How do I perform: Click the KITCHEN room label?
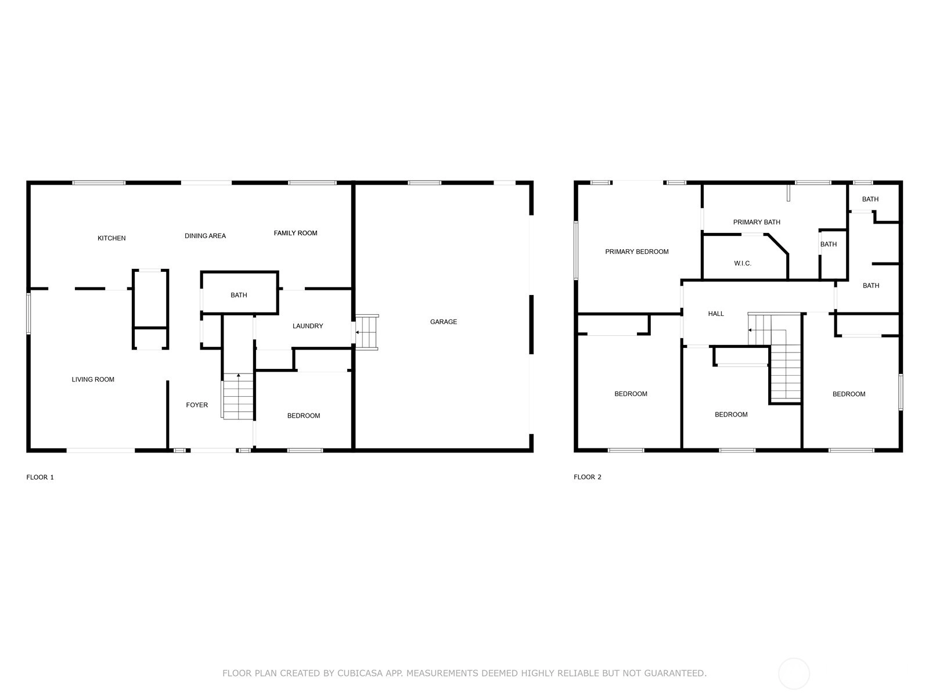click(x=111, y=238)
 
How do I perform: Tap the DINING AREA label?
click(x=206, y=236)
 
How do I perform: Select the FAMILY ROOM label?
click(x=296, y=233)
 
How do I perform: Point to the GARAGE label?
click(x=444, y=322)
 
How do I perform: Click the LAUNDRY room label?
click(x=308, y=326)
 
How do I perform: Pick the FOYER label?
click(x=197, y=405)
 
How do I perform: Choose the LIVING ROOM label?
click(x=93, y=380)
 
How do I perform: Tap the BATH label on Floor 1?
click(x=239, y=295)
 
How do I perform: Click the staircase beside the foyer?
click(x=237, y=396)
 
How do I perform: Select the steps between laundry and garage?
click(x=366, y=332)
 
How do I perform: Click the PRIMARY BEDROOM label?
click(x=636, y=252)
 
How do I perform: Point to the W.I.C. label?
click(x=743, y=263)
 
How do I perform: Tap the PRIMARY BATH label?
click(x=757, y=222)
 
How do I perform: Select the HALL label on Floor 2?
click(x=716, y=314)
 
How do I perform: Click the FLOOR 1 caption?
click(x=40, y=477)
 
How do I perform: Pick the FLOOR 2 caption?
click(x=588, y=477)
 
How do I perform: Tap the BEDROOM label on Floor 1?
click(x=304, y=416)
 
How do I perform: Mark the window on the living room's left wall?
click(x=28, y=314)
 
